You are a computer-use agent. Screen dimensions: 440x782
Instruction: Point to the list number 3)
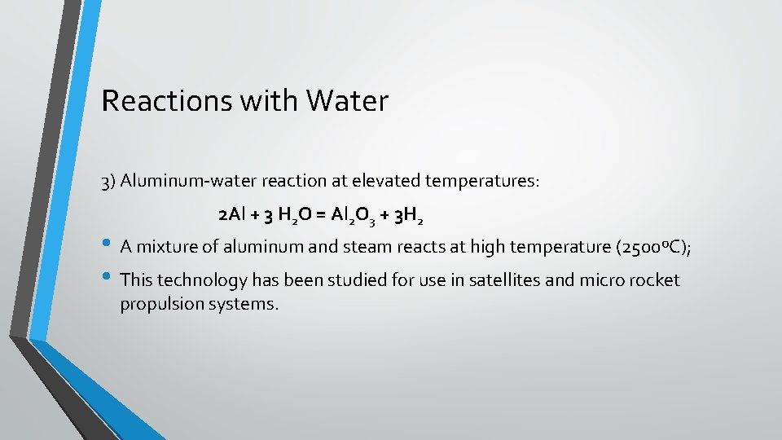(109, 181)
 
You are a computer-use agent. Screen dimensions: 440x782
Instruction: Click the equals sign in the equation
(321, 216)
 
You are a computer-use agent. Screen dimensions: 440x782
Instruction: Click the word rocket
(651, 280)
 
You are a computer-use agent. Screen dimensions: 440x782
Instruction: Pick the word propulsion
(160, 305)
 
